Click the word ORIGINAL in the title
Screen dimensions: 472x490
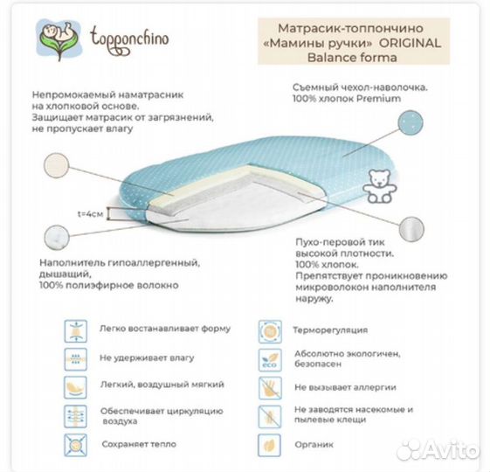[x=411, y=42]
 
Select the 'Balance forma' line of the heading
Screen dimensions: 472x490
[x=348, y=58]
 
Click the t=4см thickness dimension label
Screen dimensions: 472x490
[x=90, y=213]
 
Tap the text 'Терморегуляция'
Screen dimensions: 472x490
[x=330, y=330]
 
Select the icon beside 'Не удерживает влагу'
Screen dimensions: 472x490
[x=76, y=358]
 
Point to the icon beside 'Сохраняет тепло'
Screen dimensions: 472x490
[x=76, y=444]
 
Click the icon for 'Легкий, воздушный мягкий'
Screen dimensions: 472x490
[x=76, y=386]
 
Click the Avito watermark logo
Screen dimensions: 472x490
[x=438, y=451]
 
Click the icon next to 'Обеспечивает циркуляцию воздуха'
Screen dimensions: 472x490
[x=76, y=414]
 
